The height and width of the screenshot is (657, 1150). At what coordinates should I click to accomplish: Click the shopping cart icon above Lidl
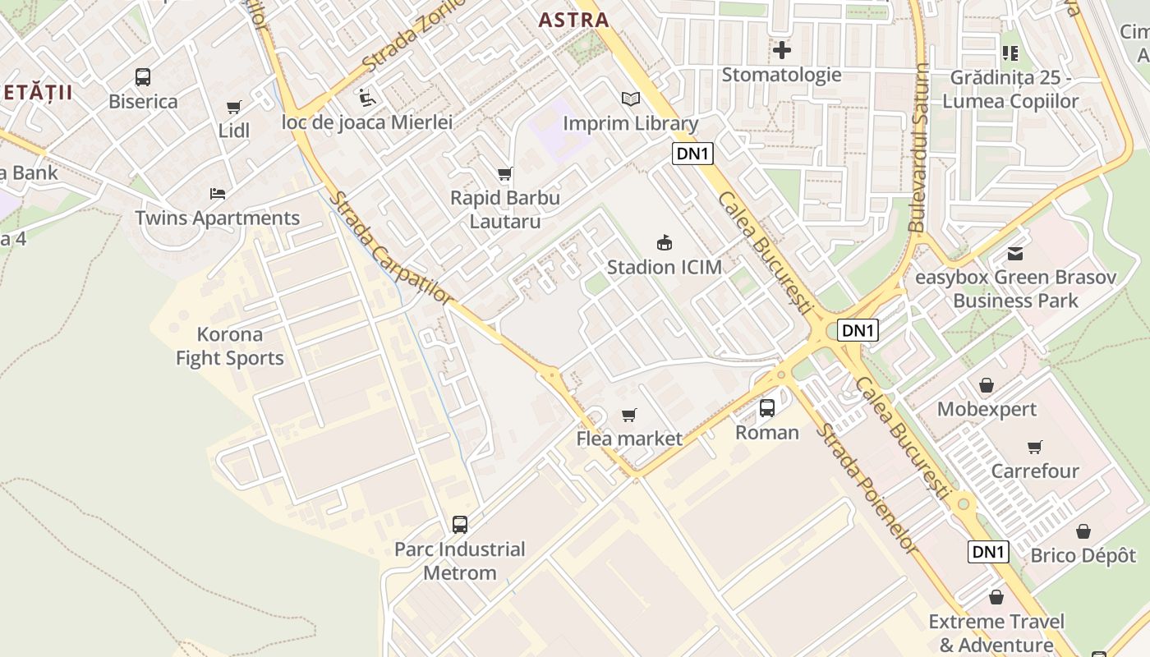pos(234,108)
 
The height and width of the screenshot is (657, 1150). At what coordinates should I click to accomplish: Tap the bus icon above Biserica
pos(143,78)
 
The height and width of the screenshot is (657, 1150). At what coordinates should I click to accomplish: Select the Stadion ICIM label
pos(664,267)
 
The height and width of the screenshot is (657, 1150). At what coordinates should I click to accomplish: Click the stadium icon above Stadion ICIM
pos(664,243)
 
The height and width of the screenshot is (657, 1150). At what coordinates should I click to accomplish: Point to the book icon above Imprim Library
pos(630,99)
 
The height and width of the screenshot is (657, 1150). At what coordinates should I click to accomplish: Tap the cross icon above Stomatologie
pos(781,51)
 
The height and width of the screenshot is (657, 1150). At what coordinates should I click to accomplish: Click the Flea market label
pos(628,439)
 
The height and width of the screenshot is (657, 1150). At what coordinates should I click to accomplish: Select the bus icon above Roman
pos(766,408)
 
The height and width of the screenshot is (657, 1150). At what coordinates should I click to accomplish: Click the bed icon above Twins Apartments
pos(218,194)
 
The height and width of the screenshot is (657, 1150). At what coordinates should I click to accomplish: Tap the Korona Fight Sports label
pos(230,346)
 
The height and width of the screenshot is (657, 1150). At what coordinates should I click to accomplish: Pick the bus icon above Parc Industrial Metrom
pos(460,525)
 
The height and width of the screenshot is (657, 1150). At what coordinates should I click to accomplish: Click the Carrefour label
pos(1034,471)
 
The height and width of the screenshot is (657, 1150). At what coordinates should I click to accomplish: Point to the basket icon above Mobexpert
pos(986,385)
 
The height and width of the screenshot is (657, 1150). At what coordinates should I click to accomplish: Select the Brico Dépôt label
pos(1083,555)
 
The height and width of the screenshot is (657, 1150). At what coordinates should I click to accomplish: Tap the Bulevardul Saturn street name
pos(919,148)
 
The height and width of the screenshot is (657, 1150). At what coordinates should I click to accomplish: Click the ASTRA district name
pos(573,21)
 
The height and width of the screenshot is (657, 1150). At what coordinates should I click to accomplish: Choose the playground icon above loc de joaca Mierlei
pos(366,99)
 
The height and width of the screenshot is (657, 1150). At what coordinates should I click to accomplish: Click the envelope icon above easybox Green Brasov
pos(1015,254)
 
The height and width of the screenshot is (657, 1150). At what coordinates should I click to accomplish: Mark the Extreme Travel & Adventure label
pos(996,632)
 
